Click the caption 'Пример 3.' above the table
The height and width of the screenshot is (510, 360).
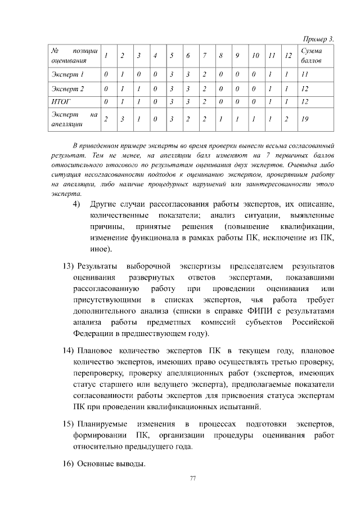(318, 39)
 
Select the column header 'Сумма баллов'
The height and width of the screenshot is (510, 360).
(313, 55)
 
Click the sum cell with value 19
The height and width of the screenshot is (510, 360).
(305, 119)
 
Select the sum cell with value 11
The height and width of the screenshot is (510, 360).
(305, 74)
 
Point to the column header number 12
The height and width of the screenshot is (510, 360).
(287, 55)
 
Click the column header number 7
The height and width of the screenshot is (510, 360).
(205, 55)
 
